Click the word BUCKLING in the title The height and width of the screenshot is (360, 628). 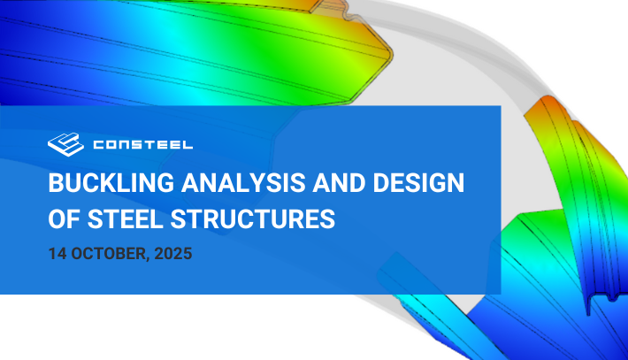[111, 183]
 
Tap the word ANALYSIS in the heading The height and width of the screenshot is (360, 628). [244, 183]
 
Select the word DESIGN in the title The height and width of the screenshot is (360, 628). [418, 183]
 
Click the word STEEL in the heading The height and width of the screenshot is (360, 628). [126, 219]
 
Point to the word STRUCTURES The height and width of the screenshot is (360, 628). [253, 219]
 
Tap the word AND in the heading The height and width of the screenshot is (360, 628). [340, 183]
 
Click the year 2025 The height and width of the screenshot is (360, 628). [173, 254]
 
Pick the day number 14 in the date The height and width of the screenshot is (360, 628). [57, 254]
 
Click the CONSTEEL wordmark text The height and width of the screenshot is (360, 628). [143, 144]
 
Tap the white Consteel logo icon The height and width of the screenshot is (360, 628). [65, 144]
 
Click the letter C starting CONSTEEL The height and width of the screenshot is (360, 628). [99, 144]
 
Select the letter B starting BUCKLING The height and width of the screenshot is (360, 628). [56, 183]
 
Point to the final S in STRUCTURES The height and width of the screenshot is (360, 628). [327, 219]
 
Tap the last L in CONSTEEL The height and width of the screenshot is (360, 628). [188, 144]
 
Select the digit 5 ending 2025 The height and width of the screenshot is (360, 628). [188, 254]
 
